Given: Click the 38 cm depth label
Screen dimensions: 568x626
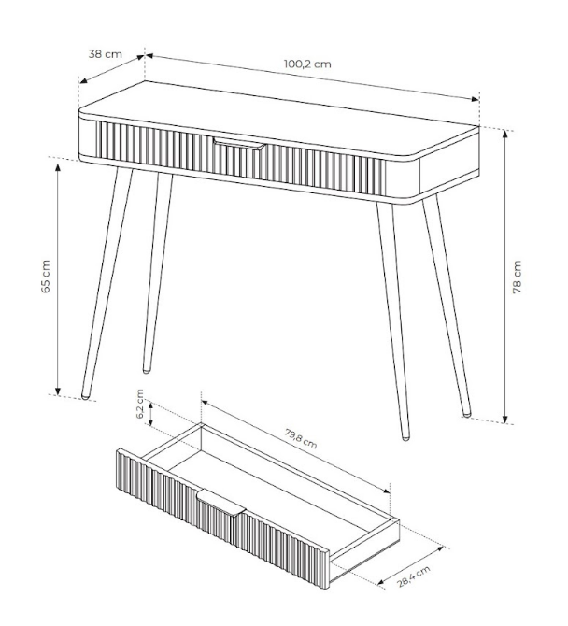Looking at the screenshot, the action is [105, 53].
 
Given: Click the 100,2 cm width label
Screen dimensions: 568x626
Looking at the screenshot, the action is [307, 64].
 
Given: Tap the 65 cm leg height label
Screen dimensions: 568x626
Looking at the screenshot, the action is [46, 277].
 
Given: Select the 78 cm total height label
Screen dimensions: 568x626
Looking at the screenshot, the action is [517, 277].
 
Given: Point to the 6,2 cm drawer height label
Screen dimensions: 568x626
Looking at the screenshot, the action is [140, 404].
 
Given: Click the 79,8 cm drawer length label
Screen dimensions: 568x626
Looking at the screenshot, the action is [301, 438].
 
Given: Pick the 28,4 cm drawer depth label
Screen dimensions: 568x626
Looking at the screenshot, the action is [414, 576].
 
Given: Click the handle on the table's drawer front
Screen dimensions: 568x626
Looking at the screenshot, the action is [239, 144].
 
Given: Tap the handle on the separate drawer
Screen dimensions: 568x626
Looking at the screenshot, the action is [220, 502].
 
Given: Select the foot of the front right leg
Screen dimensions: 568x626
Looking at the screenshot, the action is [405, 438].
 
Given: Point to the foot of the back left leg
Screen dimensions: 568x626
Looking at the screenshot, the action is [147, 371].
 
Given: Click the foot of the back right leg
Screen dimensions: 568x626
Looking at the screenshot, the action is [466, 415].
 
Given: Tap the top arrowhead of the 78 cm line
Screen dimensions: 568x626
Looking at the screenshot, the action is [505, 135].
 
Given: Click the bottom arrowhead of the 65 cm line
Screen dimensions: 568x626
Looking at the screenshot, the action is [58, 391].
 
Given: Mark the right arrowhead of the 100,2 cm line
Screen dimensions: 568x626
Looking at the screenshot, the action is [475, 99].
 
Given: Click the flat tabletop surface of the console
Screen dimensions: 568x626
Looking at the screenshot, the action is [279, 121].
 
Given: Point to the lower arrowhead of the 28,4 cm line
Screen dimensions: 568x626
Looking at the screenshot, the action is [382, 582].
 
